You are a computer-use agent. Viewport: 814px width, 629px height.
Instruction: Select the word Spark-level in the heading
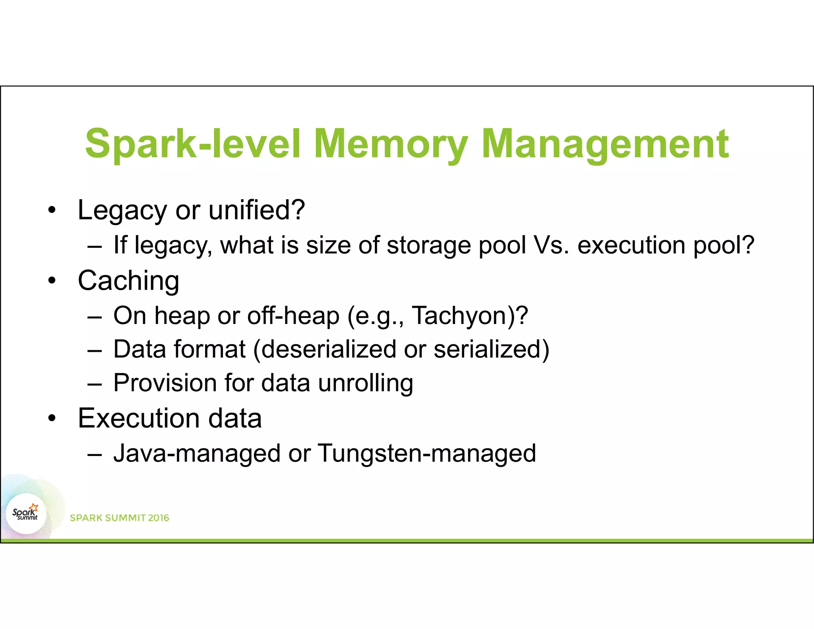tap(193, 144)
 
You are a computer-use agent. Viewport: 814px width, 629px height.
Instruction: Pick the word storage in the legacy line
tap(428, 246)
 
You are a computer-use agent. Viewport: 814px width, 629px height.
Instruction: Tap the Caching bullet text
tap(128, 281)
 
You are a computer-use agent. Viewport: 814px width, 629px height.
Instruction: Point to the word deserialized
tap(328, 349)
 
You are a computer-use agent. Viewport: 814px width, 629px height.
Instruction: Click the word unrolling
tap(366, 383)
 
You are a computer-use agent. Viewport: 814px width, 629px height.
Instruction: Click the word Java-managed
tap(197, 453)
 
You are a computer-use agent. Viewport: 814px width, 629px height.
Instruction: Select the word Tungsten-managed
tap(426, 453)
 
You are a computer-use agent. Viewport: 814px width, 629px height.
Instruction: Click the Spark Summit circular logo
tap(26, 514)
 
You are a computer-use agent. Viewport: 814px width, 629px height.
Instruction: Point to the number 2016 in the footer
tap(159, 518)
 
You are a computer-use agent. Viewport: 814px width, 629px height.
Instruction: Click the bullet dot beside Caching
tap(52, 281)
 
